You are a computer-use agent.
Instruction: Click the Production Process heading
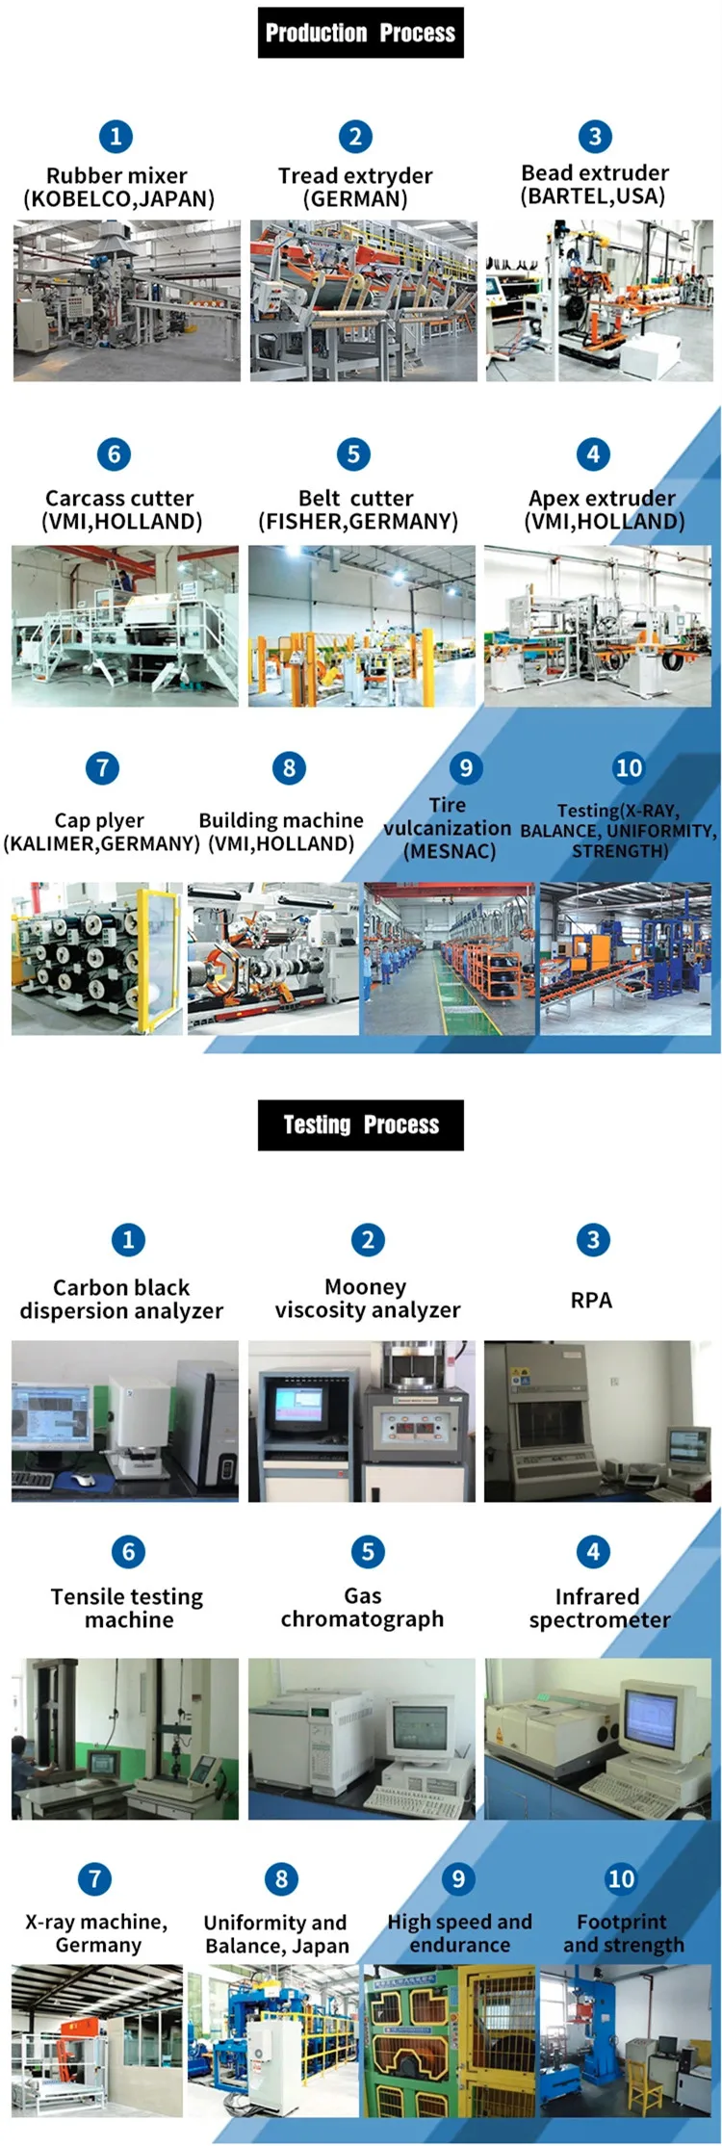click(360, 33)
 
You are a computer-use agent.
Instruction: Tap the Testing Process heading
click(360, 1125)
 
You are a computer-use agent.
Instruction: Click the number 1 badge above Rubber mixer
click(116, 137)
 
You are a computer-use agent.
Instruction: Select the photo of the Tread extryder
click(363, 300)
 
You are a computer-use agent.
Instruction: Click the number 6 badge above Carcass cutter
click(115, 453)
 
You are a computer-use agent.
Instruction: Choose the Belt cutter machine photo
click(361, 626)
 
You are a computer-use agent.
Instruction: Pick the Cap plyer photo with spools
click(96, 958)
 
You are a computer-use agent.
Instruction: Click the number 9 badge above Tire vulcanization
click(466, 767)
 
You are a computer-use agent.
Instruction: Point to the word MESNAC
click(450, 851)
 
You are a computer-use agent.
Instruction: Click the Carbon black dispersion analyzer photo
click(124, 1420)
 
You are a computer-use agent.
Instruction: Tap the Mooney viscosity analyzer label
click(367, 1298)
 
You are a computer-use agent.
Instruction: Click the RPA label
click(591, 1300)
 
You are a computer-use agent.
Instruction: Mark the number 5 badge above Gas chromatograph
click(368, 1551)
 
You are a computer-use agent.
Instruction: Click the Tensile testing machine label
click(127, 1608)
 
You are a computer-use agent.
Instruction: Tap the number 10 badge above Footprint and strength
click(621, 1878)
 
